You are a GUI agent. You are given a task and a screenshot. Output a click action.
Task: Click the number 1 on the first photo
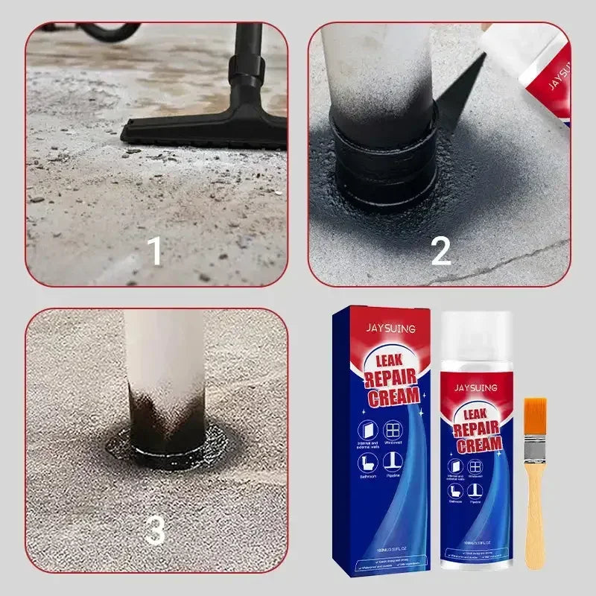[x=155, y=252]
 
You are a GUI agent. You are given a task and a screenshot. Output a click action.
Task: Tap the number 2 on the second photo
[x=441, y=252]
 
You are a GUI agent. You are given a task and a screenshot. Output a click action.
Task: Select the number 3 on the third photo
[x=155, y=531]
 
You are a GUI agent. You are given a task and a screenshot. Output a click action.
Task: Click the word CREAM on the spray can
[x=479, y=446]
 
